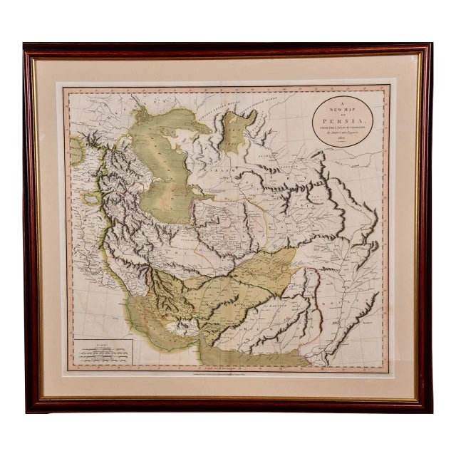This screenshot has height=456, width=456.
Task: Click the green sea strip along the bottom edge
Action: [249, 356]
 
